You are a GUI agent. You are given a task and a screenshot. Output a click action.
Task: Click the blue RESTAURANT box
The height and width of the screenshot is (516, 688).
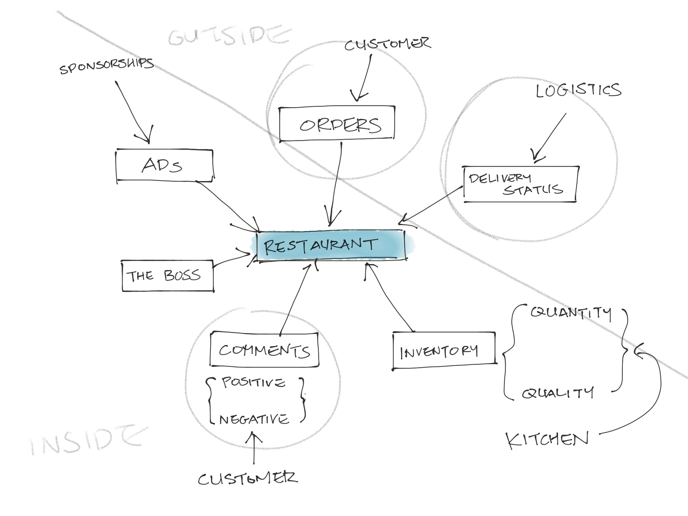coord(331,245)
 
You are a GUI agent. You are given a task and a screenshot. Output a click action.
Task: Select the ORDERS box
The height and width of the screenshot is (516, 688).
coord(337,124)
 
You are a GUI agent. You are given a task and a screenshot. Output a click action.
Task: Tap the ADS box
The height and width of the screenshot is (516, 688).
coord(164,166)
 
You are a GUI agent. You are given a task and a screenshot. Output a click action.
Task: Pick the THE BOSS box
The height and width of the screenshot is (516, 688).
coord(167,276)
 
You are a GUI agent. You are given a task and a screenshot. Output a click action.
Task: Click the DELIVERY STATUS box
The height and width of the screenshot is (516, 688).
coord(520,184)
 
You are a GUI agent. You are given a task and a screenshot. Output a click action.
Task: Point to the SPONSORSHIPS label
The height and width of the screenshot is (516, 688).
coord(107,66)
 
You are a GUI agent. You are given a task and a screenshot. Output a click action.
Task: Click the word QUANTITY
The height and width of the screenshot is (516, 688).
coord(570,313)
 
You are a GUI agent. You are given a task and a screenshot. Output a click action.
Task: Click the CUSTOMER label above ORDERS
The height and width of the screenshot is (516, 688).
coord(387,45)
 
